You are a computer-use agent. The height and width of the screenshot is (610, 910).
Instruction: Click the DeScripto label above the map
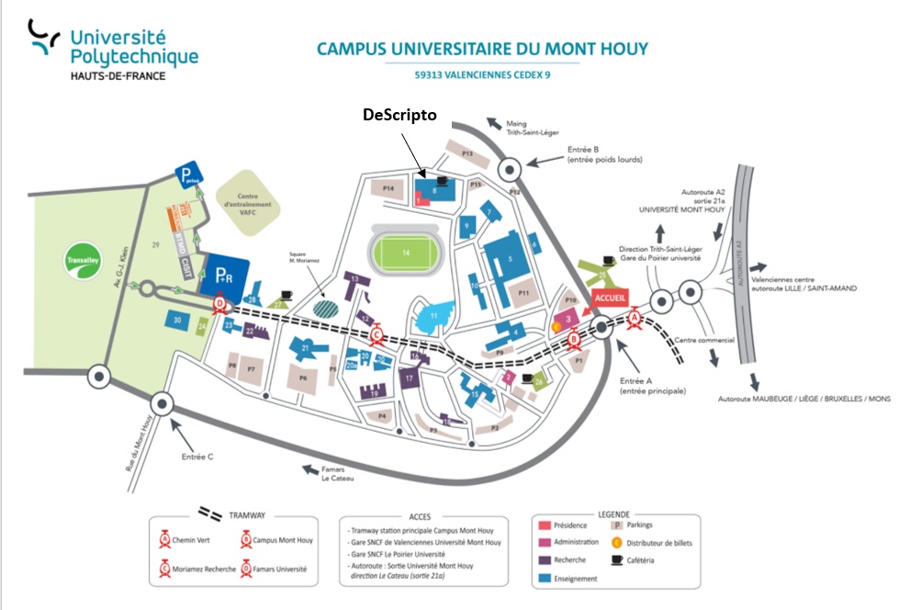[399, 115]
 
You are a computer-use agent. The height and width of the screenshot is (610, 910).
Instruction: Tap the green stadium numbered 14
[404, 251]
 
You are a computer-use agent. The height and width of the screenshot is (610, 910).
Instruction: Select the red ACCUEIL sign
[610, 299]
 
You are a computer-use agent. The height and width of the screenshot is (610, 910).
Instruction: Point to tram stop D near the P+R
[220, 304]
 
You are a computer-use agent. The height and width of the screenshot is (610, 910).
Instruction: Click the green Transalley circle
[84, 258]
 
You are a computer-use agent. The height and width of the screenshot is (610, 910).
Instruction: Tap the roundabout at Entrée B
[511, 168]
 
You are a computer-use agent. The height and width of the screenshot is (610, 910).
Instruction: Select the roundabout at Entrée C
[163, 402]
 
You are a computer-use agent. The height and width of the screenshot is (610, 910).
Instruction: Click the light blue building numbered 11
[433, 316]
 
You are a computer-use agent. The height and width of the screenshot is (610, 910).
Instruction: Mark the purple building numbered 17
[410, 377]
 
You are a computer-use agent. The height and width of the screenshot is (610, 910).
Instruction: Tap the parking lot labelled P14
[388, 187]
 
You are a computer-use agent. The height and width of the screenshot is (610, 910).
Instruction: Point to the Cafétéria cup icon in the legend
[617, 559]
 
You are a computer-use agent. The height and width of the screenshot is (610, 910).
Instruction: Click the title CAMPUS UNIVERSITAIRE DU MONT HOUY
[482, 48]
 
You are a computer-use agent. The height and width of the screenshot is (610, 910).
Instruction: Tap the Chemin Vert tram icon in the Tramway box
[165, 539]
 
